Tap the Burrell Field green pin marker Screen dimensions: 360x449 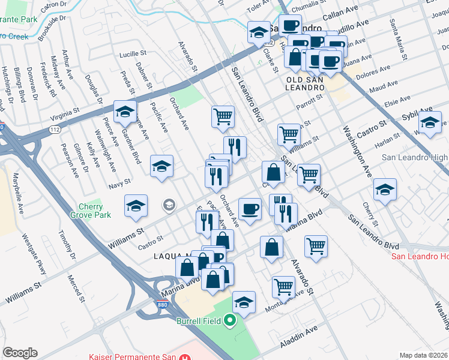point(229,321)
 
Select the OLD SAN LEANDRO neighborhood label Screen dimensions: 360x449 point(305,83)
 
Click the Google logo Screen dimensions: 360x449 point(20,353)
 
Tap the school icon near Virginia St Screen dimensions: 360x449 point(125,111)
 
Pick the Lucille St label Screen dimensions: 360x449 point(133,54)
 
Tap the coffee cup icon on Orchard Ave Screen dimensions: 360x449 point(250,209)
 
